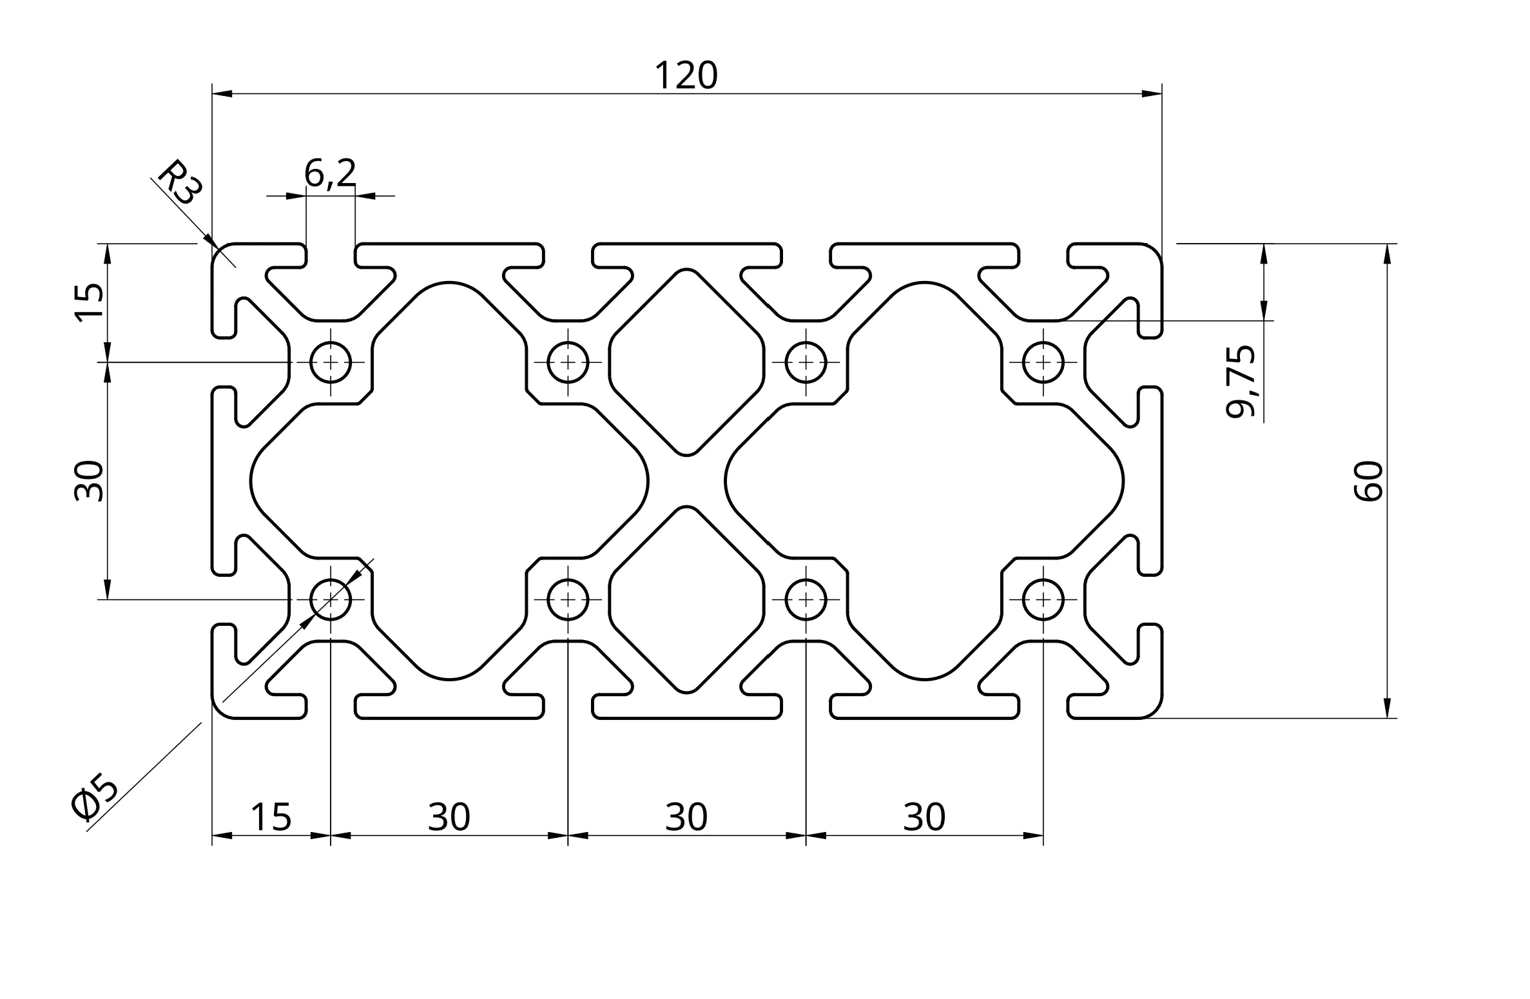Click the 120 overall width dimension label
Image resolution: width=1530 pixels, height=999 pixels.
pyautogui.click(x=686, y=75)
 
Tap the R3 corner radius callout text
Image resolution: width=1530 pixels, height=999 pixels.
pyautogui.click(x=180, y=183)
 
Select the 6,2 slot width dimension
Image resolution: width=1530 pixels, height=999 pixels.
pyautogui.click(x=330, y=173)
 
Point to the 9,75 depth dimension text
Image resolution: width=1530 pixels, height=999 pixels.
pyautogui.click(x=1241, y=382)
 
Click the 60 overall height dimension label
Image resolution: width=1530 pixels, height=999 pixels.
pyautogui.click(x=1368, y=481)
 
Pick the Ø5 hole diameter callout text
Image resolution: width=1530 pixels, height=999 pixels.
pyautogui.click(x=95, y=798)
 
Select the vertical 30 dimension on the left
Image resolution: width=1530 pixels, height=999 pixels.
pyautogui.click(x=89, y=481)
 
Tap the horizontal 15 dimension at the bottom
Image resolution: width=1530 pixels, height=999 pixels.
pyautogui.click(x=271, y=817)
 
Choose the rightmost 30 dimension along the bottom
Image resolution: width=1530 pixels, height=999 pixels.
pyautogui.click(x=924, y=817)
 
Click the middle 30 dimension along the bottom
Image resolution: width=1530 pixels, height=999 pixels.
pyautogui.click(x=686, y=817)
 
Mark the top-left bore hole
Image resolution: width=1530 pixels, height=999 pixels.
pyautogui.click(x=331, y=362)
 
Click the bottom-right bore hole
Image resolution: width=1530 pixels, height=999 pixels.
pyautogui.click(x=1043, y=600)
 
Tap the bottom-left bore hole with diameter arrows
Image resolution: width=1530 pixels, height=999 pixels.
pyautogui.click(x=331, y=600)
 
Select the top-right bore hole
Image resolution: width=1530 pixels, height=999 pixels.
pyautogui.click(x=1043, y=362)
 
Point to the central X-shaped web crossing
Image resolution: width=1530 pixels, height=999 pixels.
pyautogui.click(x=687, y=481)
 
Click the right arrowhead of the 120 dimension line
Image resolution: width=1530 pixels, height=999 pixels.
pyautogui.click(x=1152, y=94)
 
